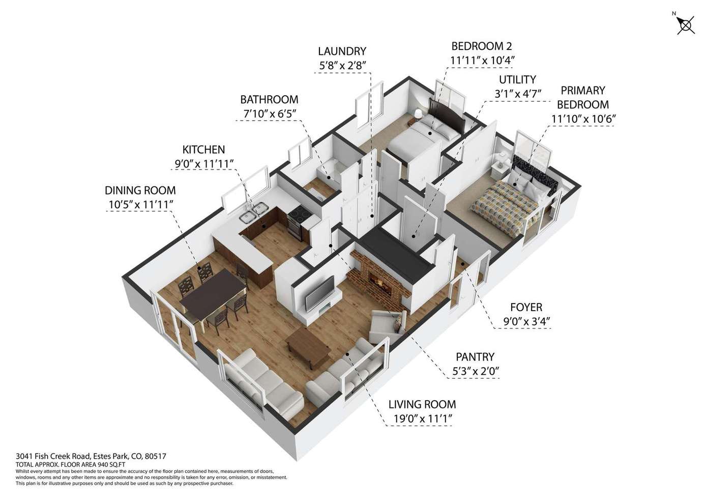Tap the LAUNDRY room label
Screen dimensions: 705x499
point(342,51)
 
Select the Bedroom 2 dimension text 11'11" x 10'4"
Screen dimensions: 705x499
point(482,60)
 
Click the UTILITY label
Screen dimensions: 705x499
point(517,80)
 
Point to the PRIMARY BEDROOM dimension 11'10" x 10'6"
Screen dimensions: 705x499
point(583,119)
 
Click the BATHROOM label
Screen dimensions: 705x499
point(269,100)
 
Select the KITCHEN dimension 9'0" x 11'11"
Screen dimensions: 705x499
point(204,164)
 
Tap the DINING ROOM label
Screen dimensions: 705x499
point(140,190)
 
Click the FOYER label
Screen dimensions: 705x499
point(526,307)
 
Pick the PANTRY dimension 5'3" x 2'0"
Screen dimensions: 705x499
point(476,371)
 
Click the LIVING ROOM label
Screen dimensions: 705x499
point(422,404)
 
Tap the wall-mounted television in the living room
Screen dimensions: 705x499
point(320,293)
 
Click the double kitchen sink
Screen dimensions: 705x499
point(253,212)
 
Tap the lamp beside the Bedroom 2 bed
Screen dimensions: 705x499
point(418,115)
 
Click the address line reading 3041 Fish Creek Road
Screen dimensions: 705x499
point(91,456)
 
